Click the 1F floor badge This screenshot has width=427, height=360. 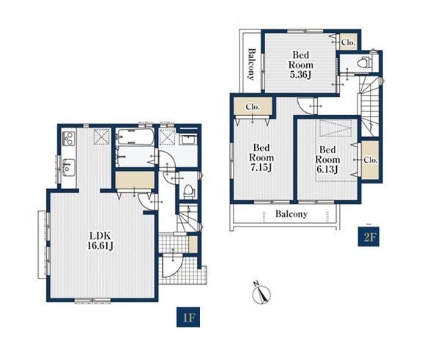(x=188, y=317)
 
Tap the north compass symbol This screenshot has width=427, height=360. (x=261, y=293)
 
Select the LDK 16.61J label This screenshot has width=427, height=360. (x=100, y=240)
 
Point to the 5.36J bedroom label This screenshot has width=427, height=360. (x=300, y=65)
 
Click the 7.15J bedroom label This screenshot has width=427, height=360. (x=261, y=158)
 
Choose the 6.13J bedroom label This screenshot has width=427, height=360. (x=327, y=159)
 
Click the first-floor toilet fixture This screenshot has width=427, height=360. (x=188, y=190)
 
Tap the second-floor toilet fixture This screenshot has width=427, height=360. (x=364, y=63)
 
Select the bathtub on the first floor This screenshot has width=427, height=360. (x=134, y=138)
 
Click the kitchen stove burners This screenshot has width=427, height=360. (x=68, y=139)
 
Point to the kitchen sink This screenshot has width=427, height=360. (x=67, y=166)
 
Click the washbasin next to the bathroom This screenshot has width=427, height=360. (x=188, y=140)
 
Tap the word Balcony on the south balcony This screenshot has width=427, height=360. (x=292, y=213)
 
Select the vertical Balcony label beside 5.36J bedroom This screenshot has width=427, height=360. (x=252, y=65)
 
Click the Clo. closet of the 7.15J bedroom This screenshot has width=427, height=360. (x=253, y=106)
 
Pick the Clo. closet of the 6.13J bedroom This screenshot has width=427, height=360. (x=370, y=160)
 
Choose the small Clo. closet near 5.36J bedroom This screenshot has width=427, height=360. (x=349, y=42)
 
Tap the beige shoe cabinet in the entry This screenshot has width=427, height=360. (x=193, y=244)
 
